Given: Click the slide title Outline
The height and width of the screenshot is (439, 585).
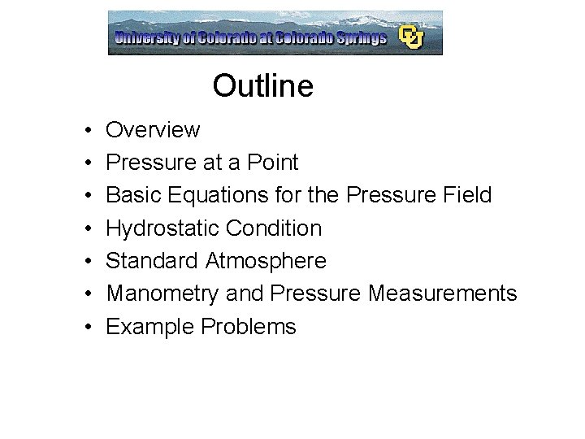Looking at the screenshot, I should pyautogui.click(x=262, y=85).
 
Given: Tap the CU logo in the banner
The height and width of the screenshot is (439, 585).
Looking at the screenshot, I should pyautogui.click(x=411, y=37).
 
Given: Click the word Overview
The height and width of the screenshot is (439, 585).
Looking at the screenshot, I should pyautogui.click(x=153, y=130).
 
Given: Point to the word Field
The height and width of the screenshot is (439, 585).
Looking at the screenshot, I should pyautogui.click(x=465, y=195).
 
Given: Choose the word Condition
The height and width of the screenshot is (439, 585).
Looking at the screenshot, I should pyautogui.click(x=274, y=228).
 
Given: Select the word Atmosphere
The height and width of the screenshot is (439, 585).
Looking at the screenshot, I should pyautogui.click(x=266, y=261).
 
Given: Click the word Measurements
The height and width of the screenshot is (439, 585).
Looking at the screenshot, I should pyautogui.click(x=442, y=293).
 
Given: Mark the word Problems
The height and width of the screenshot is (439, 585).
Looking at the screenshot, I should pyautogui.click(x=249, y=327).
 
